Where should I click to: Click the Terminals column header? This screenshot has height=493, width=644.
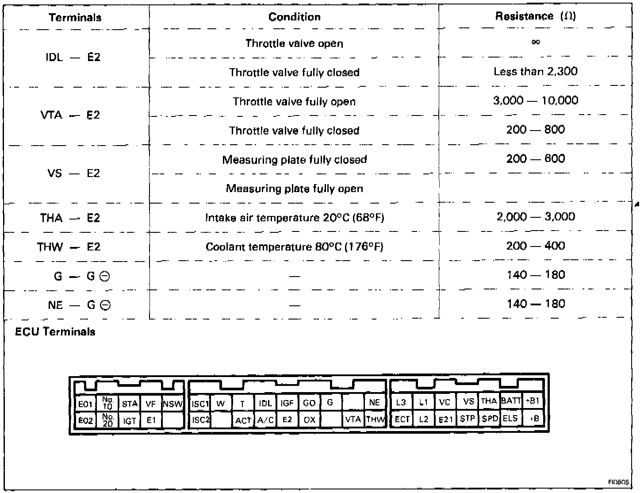point(75,18)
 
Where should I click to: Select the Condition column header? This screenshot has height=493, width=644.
point(294,17)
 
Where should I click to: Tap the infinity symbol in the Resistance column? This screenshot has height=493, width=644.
point(536,42)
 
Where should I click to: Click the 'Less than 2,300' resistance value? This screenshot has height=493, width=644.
point(536,71)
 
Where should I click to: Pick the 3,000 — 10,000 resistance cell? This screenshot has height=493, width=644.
point(536,100)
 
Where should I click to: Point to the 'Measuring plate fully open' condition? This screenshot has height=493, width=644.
point(294,189)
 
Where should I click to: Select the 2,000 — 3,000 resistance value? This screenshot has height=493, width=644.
point(536,217)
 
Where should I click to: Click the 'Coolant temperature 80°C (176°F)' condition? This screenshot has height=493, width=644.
point(294,246)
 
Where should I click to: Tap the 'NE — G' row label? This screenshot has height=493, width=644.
point(79,305)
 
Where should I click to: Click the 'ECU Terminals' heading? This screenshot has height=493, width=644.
point(55,332)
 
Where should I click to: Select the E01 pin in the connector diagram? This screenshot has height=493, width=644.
point(85,404)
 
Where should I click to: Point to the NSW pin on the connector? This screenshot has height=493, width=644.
point(173,404)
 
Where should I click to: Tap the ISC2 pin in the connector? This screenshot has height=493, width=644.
point(200,420)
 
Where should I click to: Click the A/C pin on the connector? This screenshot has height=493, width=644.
point(265,420)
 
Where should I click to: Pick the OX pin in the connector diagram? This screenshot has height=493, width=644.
point(309,420)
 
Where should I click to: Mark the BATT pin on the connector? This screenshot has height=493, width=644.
point(511,401)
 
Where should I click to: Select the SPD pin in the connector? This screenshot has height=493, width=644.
point(490,418)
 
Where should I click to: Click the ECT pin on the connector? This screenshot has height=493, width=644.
point(402,419)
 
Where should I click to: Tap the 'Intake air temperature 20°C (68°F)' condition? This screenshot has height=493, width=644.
point(294,218)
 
